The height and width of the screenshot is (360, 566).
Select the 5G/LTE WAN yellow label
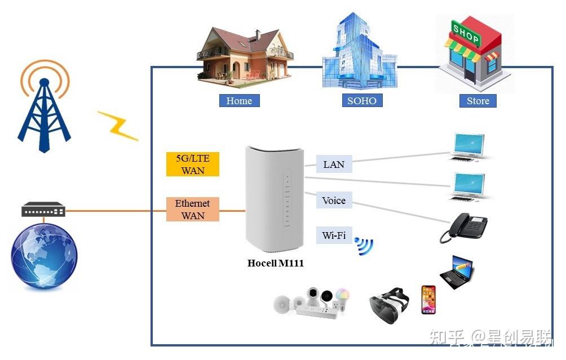point(192,165)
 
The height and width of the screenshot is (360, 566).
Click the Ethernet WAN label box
point(192,209)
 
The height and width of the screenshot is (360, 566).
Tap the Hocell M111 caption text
point(276,263)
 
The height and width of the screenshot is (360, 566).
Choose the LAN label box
point(334,165)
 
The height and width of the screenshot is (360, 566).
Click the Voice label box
point(334,201)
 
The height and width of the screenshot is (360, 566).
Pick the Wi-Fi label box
point(334,235)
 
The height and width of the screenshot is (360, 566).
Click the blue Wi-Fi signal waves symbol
point(364,246)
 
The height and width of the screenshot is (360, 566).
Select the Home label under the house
point(239,101)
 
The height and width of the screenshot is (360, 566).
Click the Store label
point(477,101)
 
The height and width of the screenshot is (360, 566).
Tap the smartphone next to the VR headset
point(428,299)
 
